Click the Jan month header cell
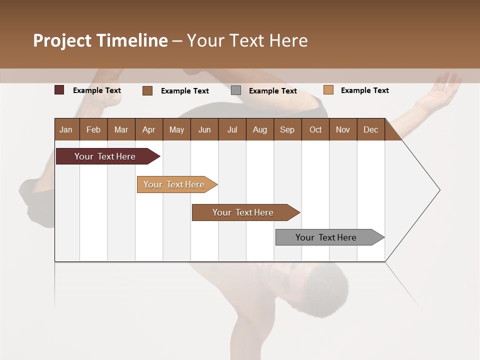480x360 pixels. [x=66, y=129]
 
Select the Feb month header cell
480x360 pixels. [x=93, y=129]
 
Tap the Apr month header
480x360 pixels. [x=149, y=129]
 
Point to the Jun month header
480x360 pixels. [x=204, y=129]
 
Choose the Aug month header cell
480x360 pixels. [x=260, y=129]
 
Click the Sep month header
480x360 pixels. [x=287, y=129]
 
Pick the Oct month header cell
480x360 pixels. [x=315, y=129]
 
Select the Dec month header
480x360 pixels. [x=371, y=129]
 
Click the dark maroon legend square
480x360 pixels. [x=59, y=90]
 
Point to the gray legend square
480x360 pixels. [x=236, y=90]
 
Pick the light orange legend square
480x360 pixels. [x=328, y=90]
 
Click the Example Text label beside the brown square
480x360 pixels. [x=185, y=91]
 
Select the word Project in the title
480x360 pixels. [x=63, y=40]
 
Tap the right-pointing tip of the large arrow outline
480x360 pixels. [x=438, y=190]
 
